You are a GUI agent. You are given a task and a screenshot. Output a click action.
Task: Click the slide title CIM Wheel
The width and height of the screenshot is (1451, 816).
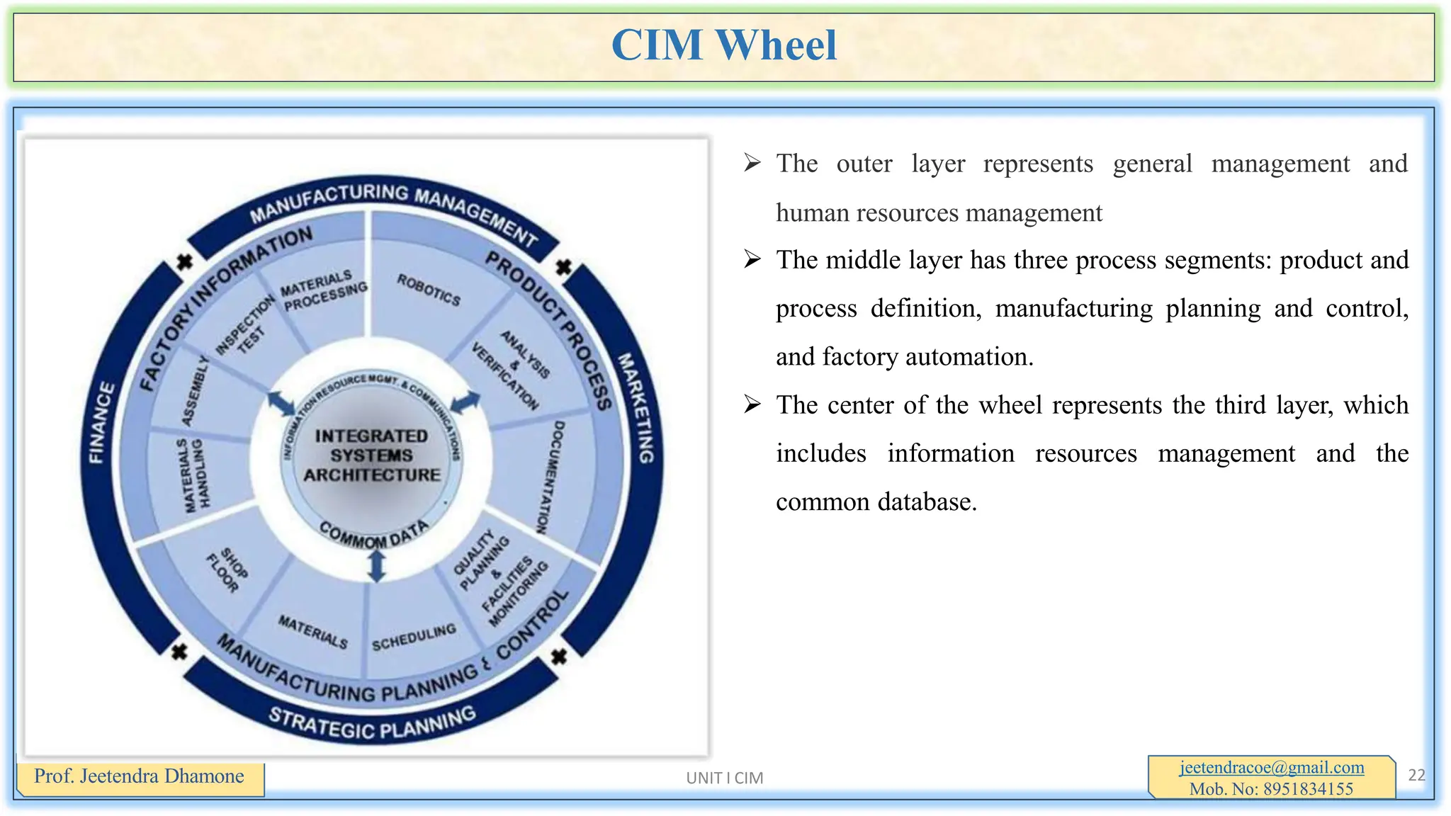tap(723, 45)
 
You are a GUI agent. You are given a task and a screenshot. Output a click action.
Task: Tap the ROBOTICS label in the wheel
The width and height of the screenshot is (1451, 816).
tap(429, 290)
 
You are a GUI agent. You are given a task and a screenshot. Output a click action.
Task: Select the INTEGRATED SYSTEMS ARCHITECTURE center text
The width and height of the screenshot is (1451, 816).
tap(371, 455)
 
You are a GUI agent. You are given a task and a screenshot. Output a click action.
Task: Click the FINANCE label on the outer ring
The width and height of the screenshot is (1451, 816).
tap(101, 423)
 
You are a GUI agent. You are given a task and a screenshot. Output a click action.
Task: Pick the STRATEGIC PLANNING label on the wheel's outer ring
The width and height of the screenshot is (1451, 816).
tap(372, 723)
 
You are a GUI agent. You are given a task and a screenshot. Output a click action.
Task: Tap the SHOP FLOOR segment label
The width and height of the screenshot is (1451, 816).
tap(227, 569)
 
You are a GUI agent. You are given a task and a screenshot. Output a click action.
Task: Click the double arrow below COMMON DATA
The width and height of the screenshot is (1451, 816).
tap(377, 567)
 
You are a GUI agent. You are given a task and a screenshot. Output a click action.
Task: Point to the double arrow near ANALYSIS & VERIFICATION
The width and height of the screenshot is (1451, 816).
tap(465, 402)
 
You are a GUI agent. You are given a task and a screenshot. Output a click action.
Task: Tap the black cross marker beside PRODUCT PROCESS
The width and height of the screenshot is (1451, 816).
tap(564, 268)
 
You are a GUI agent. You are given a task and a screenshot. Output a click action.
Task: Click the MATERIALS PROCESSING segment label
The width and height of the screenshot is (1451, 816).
tap(323, 290)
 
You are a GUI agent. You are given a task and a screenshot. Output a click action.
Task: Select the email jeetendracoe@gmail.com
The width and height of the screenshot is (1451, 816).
tap(1272, 767)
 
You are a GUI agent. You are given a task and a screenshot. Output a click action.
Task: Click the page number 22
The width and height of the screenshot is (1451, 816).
tap(1416, 775)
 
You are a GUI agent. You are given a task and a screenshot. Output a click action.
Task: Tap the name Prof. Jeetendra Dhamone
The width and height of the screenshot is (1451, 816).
tap(139, 776)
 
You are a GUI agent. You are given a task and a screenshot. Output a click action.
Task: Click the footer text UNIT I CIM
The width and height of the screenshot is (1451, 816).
tap(724, 778)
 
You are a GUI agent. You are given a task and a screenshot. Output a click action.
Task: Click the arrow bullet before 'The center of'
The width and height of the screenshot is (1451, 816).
tap(752, 405)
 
